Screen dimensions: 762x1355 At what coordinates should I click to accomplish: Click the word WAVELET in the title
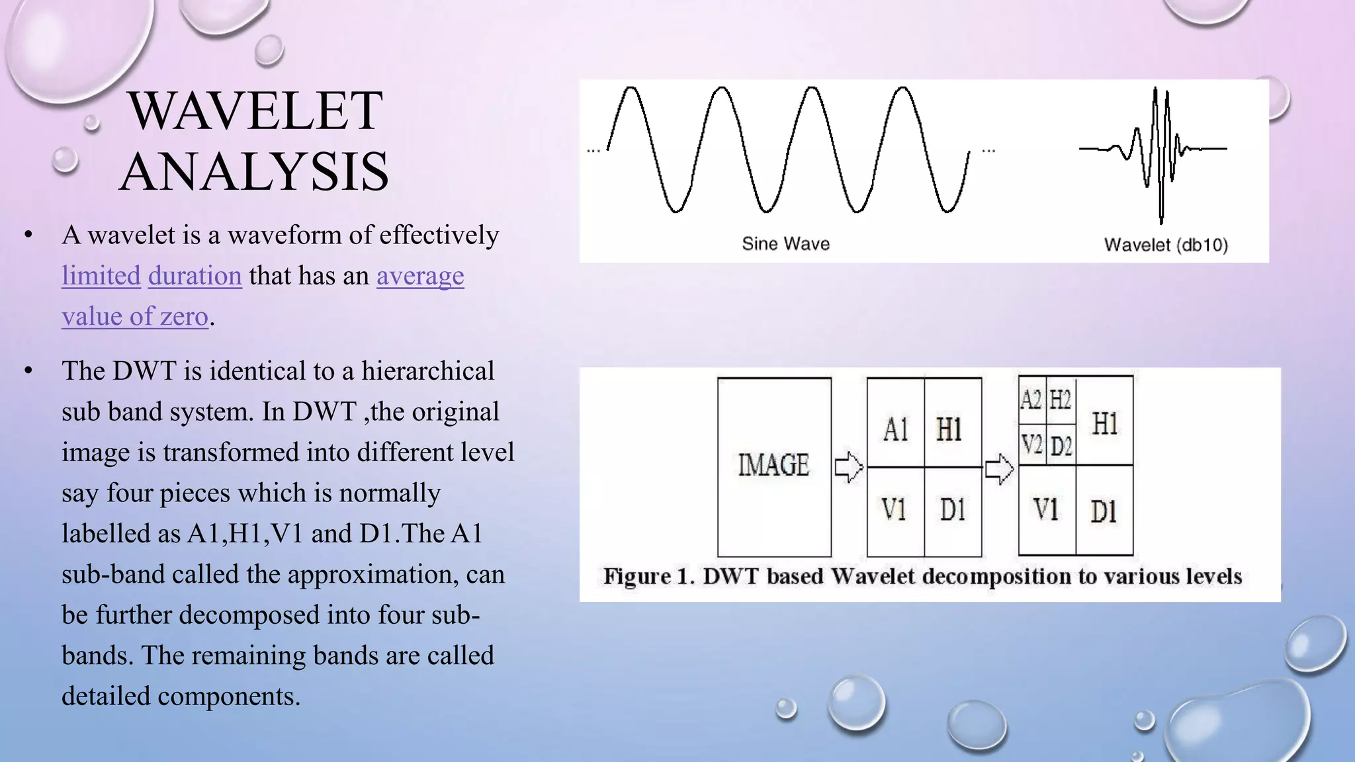(x=255, y=110)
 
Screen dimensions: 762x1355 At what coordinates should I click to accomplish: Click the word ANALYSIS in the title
(x=255, y=171)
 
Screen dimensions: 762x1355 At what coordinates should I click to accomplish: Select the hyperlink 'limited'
(x=101, y=276)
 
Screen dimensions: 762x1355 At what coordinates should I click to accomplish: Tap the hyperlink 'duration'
(x=195, y=276)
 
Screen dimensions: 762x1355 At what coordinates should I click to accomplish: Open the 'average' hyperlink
(x=420, y=276)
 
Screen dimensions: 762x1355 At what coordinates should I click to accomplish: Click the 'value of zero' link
(x=135, y=317)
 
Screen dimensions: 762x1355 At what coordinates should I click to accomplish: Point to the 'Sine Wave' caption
(x=785, y=244)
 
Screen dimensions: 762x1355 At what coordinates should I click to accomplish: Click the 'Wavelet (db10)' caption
(x=1166, y=245)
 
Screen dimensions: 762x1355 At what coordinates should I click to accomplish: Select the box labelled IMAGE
(x=774, y=466)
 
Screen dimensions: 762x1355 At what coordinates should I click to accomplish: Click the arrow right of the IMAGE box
(x=849, y=468)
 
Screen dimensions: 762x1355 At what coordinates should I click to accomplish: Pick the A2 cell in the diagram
(x=1031, y=400)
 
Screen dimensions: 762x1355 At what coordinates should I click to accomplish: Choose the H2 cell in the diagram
(x=1060, y=400)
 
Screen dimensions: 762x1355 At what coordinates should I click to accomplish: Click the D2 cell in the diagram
(x=1061, y=446)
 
